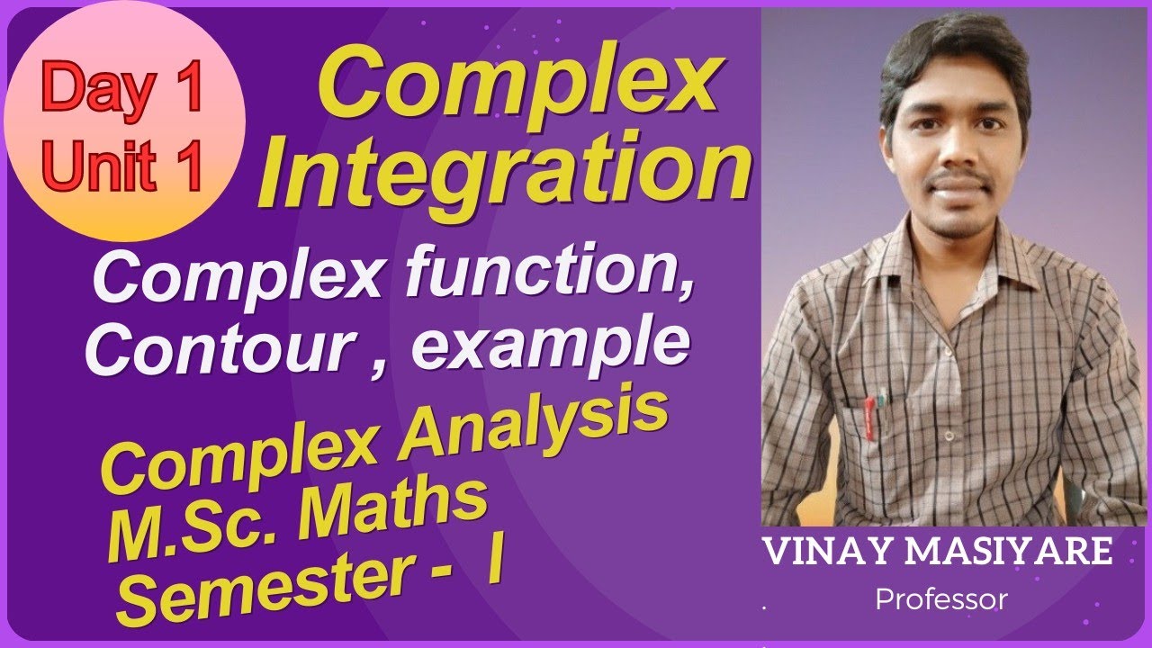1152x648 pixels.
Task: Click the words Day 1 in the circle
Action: pyautogui.click(x=122, y=90)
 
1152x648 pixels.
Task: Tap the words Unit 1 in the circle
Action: pyautogui.click(x=122, y=167)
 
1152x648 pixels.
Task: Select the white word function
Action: pyautogui.click(x=551, y=276)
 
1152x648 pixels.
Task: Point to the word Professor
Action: pyautogui.click(x=940, y=599)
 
